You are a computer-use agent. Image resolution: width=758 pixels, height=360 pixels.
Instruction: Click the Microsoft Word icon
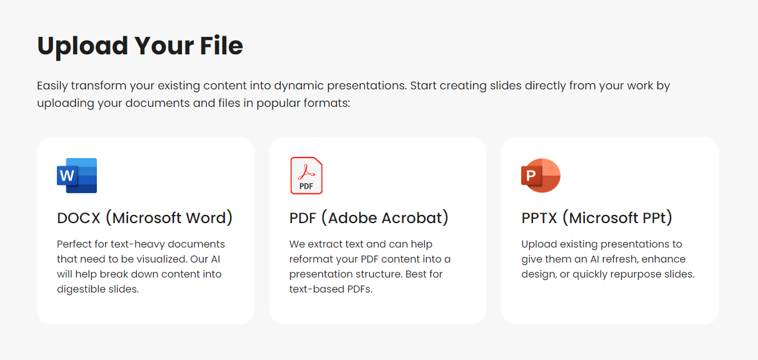point(77,176)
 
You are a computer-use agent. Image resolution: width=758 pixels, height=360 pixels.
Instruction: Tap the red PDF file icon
point(306,176)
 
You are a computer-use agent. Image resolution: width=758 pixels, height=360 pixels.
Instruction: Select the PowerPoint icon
point(541,176)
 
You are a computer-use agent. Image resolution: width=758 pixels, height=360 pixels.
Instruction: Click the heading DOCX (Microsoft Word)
point(145,218)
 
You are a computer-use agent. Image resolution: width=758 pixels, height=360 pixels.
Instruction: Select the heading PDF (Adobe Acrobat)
point(369,218)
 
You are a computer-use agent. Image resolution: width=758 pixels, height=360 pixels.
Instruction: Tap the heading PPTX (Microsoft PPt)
point(597,218)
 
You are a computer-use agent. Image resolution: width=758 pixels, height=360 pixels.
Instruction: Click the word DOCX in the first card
point(78,218)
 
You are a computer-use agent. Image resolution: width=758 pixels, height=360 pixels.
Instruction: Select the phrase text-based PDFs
point(331,289)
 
